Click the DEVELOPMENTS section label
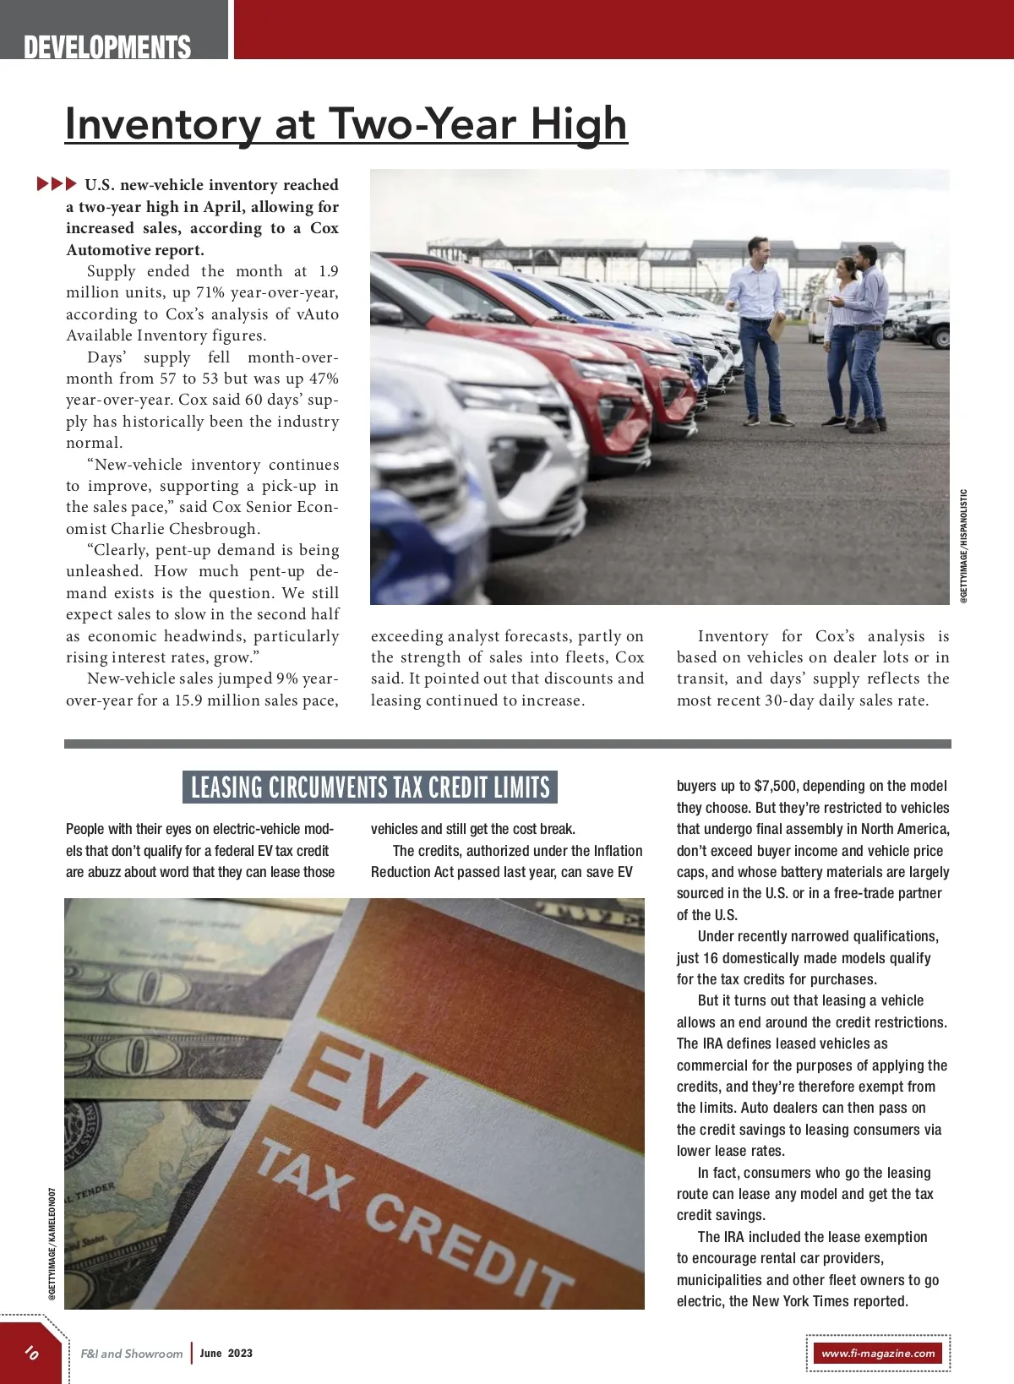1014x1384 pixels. click(x=107, y=47)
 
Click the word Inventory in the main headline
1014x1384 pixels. click(x=163, y=124)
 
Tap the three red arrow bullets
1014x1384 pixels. click(x=57, y=183)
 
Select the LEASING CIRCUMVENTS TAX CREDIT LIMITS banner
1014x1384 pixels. click(x=370, y=787)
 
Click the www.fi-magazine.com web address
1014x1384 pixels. click(x=878, y=1353)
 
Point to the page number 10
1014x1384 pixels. click(x=31, y=1352)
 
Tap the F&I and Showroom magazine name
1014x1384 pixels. click(x=132, y=1354)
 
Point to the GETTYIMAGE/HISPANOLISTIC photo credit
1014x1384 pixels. click(x=964, y=546)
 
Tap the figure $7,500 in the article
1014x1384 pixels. click(x=774, y=786)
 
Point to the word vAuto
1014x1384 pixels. click(x=318, y=314)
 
